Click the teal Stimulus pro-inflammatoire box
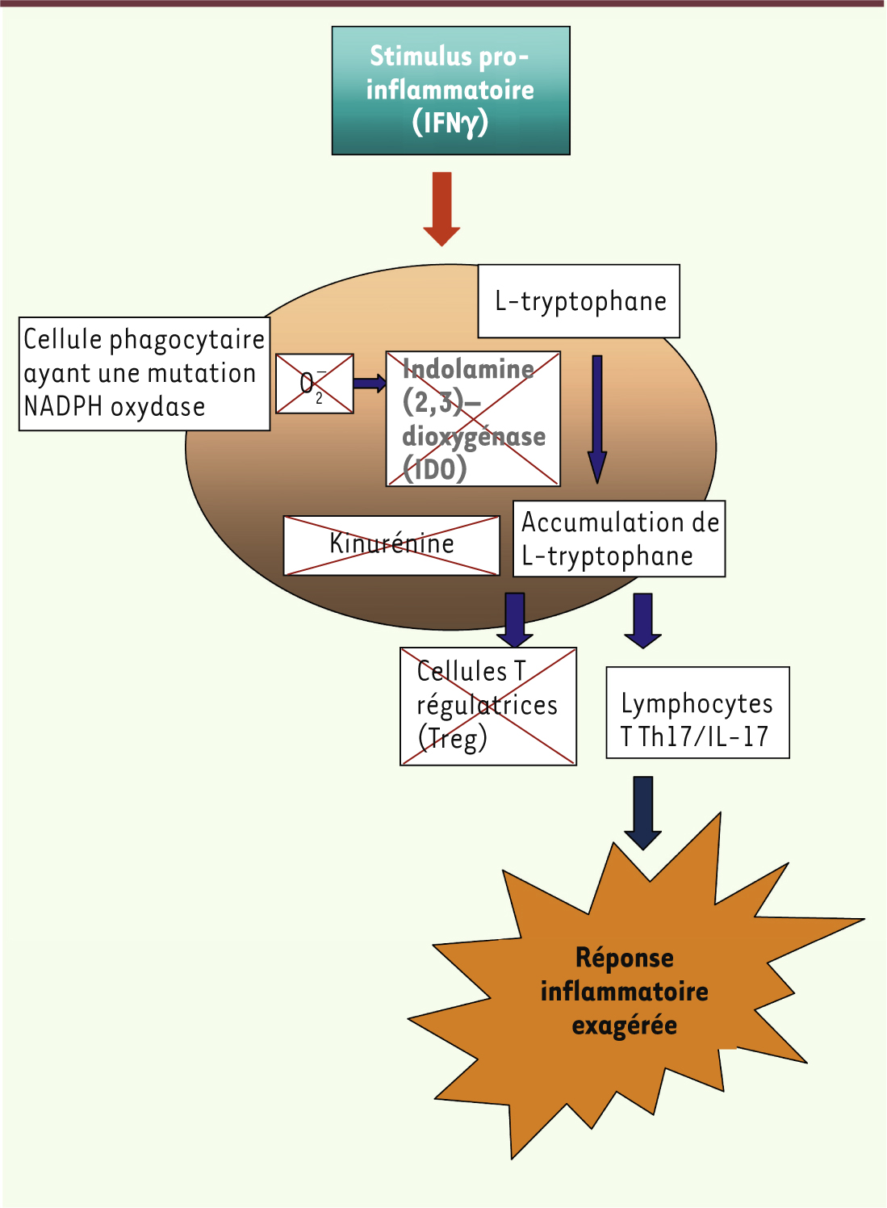pyautogui.click(x=450, y=90)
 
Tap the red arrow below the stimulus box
pyautogui.click(x=441, y=208)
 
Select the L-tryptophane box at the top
pyautogui.click(x=579, y=301)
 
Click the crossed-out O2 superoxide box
pyautogui.click(x=315, y=384)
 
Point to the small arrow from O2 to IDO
pyautogui.click(x=370, y=384)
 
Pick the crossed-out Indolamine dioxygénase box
pyautogui.click(x=473, y=418)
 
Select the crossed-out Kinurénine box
pyautogui.click(x=391, y=545)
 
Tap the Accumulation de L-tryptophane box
pyautogui.click(x=619, y=539)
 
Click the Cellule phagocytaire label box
pyautogui.click(x=144, y=373)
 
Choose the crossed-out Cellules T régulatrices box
pyautogui.click(x=488, y=706)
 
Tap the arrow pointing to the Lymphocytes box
pyautogui.click(x=642, y=620)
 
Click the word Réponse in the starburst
pyautogui.click(x=624, y=958)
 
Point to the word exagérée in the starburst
pyautogui.click(x=624, y=1026)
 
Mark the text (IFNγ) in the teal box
pyautogui.click(x=450, y=123)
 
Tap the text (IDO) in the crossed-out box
pyautogui.click(x=435, y=468)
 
